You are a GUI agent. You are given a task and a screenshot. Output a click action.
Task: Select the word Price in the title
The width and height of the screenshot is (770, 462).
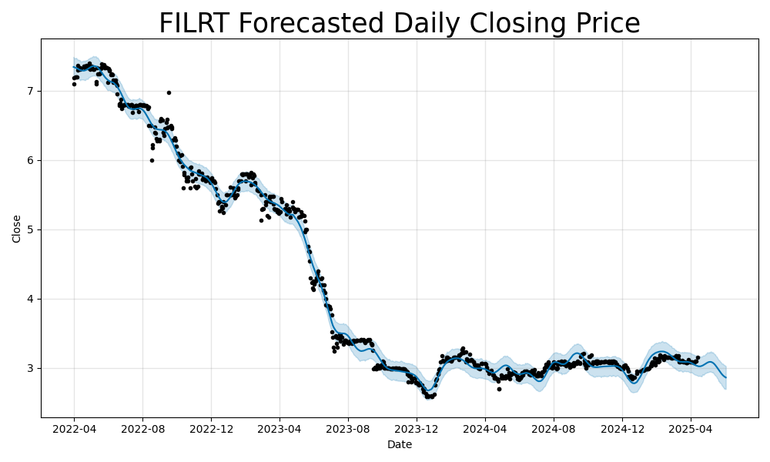pyautogui.click(x=604, y=24)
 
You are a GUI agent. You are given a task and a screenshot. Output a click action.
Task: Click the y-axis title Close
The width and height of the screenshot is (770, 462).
pyautogui.click(x=17, y=229)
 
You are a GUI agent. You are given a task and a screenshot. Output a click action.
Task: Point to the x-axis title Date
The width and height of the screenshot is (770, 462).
pyautogui.click(x=399, y=444)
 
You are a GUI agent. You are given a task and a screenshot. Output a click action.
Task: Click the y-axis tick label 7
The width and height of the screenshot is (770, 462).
pyautogui.click(x=31, y=91)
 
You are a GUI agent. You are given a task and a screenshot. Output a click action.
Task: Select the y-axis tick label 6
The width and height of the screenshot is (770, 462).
pyautogui.click(x=31, y=160)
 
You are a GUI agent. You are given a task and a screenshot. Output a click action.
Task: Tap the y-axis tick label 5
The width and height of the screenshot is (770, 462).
pyautogui.click(x=31, y=229)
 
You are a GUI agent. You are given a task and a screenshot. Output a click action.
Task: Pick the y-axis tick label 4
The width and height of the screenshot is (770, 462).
pyautogui.click(x=31, y=299)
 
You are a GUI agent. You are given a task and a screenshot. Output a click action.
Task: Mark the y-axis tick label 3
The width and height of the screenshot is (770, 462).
pyautogui.click(x=31, y=368)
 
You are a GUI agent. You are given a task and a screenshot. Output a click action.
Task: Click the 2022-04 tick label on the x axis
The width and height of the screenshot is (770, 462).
pyautogui.click(x=74, y=428)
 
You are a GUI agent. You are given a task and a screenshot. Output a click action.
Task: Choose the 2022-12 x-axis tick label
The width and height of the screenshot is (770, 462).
pyautogui.click(x=211, y=428)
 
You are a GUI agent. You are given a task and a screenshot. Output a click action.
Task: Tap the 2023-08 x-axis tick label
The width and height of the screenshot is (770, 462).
pyautogui.click(x=347, y=428)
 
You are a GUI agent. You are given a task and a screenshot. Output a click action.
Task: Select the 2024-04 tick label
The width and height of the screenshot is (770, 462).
pyautogui.click(x=485, y=428)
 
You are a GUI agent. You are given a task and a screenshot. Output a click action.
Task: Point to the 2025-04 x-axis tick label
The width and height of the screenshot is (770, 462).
pyautogui.click(x=690, y=428)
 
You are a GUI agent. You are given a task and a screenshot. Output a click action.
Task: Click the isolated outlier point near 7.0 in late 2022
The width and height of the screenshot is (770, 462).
pyautogui.click(x=169, y=92)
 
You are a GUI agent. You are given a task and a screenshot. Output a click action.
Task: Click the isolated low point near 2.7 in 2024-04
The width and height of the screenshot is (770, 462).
pyautogui.click(x=499, y=389)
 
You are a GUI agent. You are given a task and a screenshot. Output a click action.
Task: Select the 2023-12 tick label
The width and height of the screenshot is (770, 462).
pyautogui.click(x=416, y=428)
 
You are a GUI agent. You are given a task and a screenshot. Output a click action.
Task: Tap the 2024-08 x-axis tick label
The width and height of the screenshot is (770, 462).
pyautogui.click(x=554, y=428)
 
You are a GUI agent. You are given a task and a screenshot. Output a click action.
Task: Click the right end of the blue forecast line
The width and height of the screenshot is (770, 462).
pyautogui.click(x=725, y=377)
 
